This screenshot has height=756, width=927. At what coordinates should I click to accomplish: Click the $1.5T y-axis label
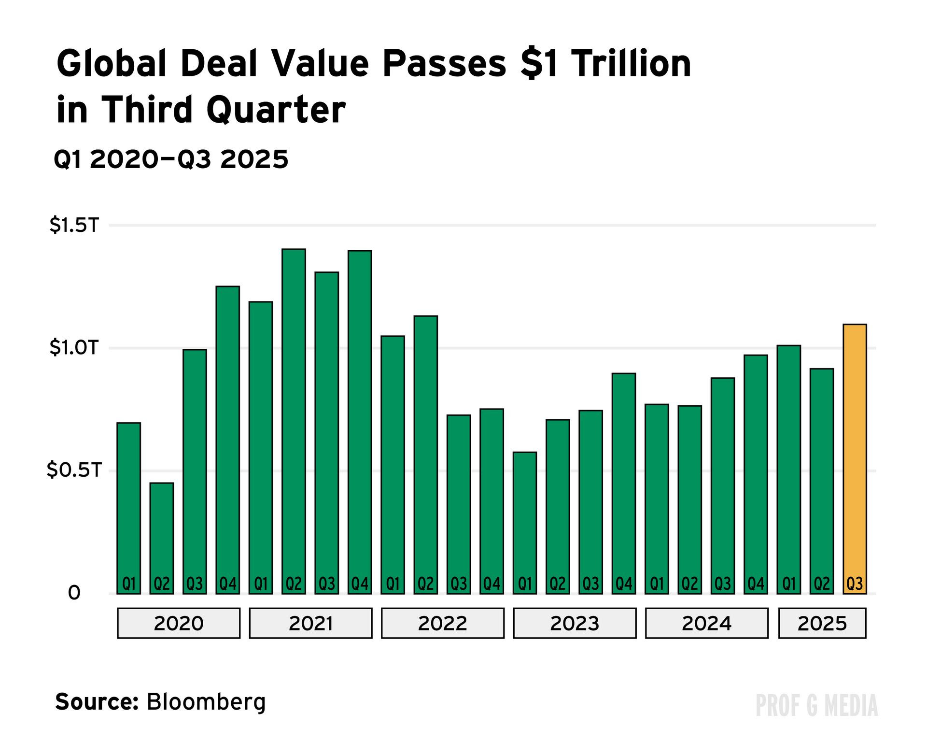[x=74, y=225]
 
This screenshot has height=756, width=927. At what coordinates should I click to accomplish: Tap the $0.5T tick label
[x=74, y=470]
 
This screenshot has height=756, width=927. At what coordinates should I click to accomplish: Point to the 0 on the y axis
[x=74, y=593]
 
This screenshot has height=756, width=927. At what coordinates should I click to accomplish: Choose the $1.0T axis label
[x=74, y=348]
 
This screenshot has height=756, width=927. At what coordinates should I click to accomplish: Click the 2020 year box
[x=179, y=623]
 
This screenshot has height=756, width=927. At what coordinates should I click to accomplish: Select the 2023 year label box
[x=575, y=623]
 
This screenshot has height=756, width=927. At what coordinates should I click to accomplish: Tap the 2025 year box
[x=822, y=623]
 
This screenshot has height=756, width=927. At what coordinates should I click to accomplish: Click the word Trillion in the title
[x=631, y=64]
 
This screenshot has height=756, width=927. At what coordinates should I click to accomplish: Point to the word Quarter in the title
[x=276, y=110]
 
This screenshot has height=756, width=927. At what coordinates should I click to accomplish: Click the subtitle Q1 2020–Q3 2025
[x=171, y=159]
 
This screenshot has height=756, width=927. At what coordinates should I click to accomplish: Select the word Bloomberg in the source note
[x=206, y=702]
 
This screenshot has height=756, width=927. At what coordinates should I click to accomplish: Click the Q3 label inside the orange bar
[x=855, y=584]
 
